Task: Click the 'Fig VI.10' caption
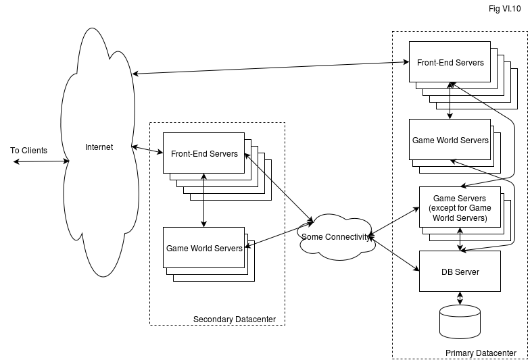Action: coord(504,8)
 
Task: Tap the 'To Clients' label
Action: coord(29,151)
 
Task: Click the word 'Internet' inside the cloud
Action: coord(99,147)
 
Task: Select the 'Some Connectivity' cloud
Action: coord(335,236)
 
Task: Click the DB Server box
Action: coord(460,272)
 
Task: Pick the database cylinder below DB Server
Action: coord(460,322)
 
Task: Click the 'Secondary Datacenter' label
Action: coord(235,319)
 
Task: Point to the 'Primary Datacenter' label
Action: coord(481,353)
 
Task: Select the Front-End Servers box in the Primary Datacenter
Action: coord(450,63)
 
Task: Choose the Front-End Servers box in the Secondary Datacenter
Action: coord(204,153)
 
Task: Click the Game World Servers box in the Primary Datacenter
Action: coord(450,140)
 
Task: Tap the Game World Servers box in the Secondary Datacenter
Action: coord(204,248)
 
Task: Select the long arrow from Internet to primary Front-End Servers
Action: coord(270,68)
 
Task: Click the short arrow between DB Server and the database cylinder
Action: coord(460,298)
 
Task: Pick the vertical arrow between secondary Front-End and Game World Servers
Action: coord(204,200)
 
